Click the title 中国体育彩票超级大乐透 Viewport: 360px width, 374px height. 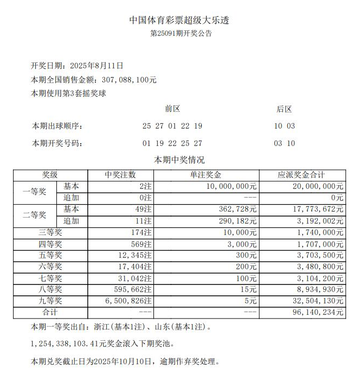pos(179,21)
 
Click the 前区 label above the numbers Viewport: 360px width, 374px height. pos(172,109)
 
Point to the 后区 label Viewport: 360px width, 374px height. pos(284,109)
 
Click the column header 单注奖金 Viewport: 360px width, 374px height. pos(207,175)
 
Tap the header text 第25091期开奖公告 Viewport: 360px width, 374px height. pos(180,34)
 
